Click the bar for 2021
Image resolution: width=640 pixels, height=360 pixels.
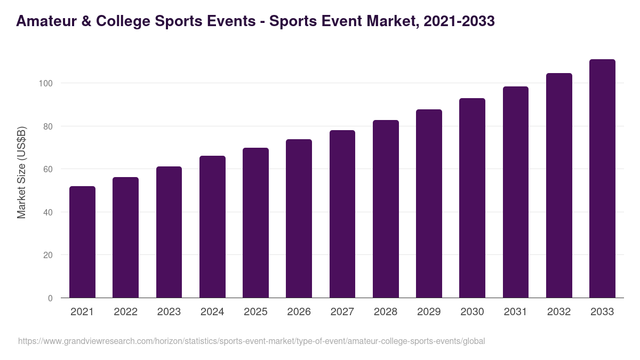82,242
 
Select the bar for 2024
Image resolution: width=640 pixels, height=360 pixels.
212,227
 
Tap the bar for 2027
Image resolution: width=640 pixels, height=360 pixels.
342,214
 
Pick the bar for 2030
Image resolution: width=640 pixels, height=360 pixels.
472,198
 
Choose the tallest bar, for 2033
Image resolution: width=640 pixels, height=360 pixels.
602,179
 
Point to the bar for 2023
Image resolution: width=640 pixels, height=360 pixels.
169,232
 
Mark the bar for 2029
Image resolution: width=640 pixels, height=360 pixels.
429,204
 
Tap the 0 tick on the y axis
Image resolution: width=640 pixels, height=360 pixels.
50,298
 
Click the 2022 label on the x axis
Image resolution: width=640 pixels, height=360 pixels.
125,312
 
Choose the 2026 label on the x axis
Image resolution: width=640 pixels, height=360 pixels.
299,312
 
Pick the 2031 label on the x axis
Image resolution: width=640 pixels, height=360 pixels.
516,312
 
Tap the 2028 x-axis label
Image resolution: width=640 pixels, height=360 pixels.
386,312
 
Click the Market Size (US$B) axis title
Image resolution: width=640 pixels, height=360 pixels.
21,172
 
